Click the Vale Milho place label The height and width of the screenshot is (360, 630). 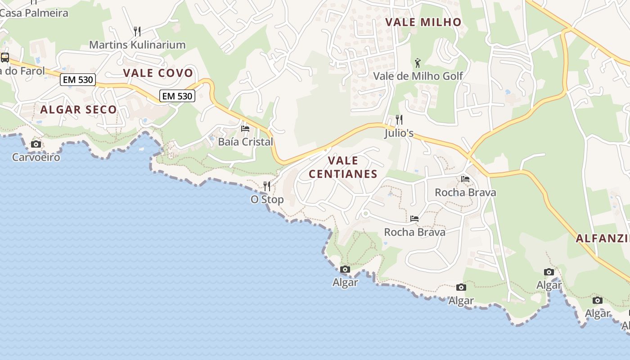[x=423, y=22]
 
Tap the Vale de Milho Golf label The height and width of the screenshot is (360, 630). [x=418, y=76]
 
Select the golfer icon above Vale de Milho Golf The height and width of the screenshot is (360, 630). [x=418, y=63]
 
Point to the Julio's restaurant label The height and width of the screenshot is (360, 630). [x=399, y=134]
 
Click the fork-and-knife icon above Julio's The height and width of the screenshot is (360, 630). [x=399, y=120]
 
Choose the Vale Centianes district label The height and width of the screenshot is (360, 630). [x=343, y=167]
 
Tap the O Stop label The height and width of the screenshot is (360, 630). [x=267, y=199]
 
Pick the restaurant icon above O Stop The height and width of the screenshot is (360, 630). [x=267, y=186]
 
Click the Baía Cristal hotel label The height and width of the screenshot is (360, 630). [x=245, y=142]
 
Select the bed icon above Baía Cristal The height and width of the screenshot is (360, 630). [x=245, y=129]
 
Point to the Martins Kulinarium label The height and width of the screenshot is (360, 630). [x=137, y=45]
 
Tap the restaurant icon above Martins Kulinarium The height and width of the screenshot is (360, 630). [x=137, y=31]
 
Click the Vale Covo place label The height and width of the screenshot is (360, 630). [x=158, y=73]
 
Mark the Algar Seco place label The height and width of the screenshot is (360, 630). [x=78, y=109]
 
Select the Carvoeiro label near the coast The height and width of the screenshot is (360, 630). [x=36, y=157]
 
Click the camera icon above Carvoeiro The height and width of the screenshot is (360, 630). [x=36, y=144]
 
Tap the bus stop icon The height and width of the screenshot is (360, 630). [x=5, y=58]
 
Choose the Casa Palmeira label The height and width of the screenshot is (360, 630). [x=34, y=13]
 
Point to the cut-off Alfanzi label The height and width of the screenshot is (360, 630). [x=603, y=238]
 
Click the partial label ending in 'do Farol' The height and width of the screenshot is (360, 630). [x=22, y=71]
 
